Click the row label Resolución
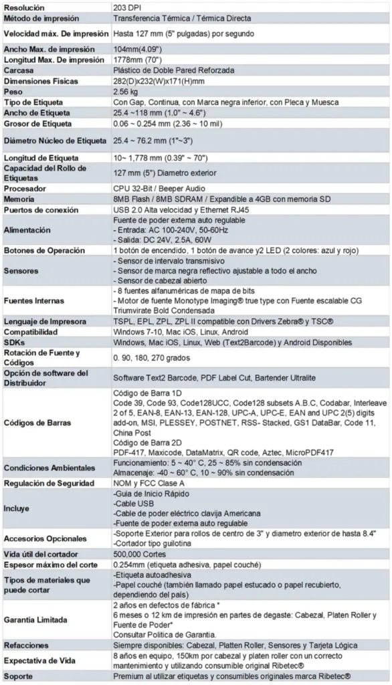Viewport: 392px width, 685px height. pos(25,6)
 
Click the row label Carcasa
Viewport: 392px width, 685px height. pos(19,70)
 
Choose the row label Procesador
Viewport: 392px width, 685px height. pos(25,189)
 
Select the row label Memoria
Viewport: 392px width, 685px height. pos(21,199)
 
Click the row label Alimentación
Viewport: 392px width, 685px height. pos(27,230)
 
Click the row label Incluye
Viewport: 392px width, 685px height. pos(17,508)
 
